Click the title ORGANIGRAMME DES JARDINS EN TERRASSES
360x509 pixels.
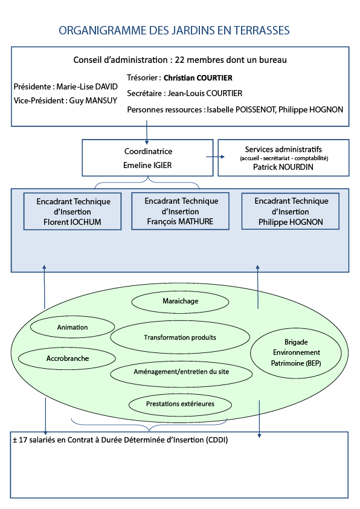point(174,30)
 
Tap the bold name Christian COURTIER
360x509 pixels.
point(198,78)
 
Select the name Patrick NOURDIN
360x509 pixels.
point(283,167)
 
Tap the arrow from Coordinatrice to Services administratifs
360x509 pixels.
point(211,157)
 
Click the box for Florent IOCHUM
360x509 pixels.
point(72,212)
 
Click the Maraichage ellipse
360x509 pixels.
point(180,301)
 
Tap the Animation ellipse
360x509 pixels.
point(72,328)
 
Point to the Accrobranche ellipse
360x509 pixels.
point(68,358)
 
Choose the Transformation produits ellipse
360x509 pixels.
point(180,337)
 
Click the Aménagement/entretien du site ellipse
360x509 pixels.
point(181,371)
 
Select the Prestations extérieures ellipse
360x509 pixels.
point(180,403)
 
